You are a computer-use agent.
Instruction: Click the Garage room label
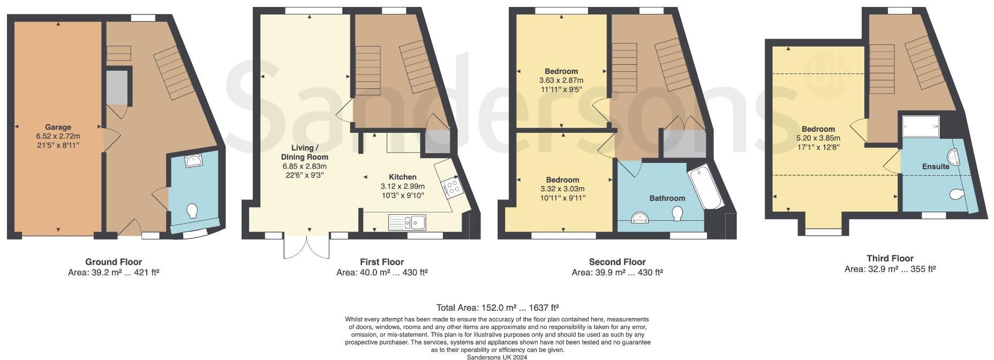coord(58,127)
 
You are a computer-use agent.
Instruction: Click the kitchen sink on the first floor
coord(407,221)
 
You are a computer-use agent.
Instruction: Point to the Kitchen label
coord(402,177)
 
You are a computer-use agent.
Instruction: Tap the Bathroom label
coord(667,198)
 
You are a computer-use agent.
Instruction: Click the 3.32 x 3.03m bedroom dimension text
coord(562,189)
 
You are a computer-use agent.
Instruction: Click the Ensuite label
coord(936,167)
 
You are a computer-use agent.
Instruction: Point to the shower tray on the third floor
coord(921,126)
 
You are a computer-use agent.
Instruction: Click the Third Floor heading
coord(890,258)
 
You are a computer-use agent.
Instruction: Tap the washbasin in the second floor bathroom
coord(640,217)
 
